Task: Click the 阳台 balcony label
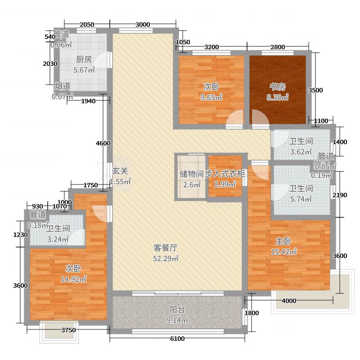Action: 177,310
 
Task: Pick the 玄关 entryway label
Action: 120,171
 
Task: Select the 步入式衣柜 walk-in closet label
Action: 225,174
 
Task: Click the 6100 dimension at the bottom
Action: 178,338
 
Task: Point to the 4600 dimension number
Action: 103,144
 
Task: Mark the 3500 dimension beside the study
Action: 315,90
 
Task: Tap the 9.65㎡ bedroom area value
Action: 211,97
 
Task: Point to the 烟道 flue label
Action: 62,85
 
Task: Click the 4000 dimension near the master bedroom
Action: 288,301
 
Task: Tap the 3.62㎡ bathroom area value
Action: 301,152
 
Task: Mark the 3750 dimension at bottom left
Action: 68,331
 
